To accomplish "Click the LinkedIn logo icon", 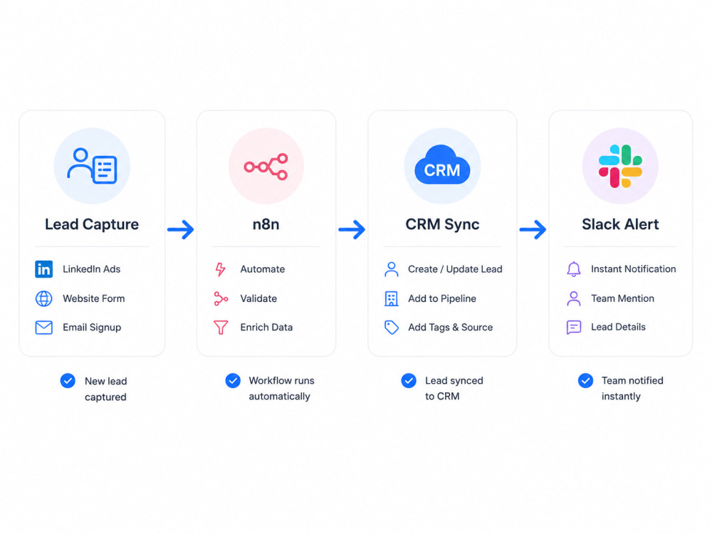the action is tap(43, 269).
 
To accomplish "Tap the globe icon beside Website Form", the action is tap(43, 298).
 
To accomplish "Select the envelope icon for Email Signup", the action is tap(43, 328).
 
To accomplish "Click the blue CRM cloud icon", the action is tap(442, 165).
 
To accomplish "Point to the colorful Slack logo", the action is tap(620, 166).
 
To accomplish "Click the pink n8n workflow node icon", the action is tap(266, 167).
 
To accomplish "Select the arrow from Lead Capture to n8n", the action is tap(181, 229).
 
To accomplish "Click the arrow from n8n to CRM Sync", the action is tap(352, 229).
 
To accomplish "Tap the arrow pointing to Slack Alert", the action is tap(533, 229).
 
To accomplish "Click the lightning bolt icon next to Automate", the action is tap(220, 269).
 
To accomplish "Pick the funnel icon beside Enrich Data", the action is tap(221, 328).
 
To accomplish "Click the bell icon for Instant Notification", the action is tap(573, 269).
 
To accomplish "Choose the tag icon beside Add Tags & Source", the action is tap(392, 328).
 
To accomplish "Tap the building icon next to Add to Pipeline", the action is tap(391, 298).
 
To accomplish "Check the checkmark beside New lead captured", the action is tap(68, 380).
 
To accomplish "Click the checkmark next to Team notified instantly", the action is tap(585, 380).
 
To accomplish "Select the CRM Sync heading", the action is tap(442, 224).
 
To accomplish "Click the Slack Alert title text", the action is tap(620, 224).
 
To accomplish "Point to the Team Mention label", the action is tap(622, 298).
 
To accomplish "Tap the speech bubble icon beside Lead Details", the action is tap(573, 327).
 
